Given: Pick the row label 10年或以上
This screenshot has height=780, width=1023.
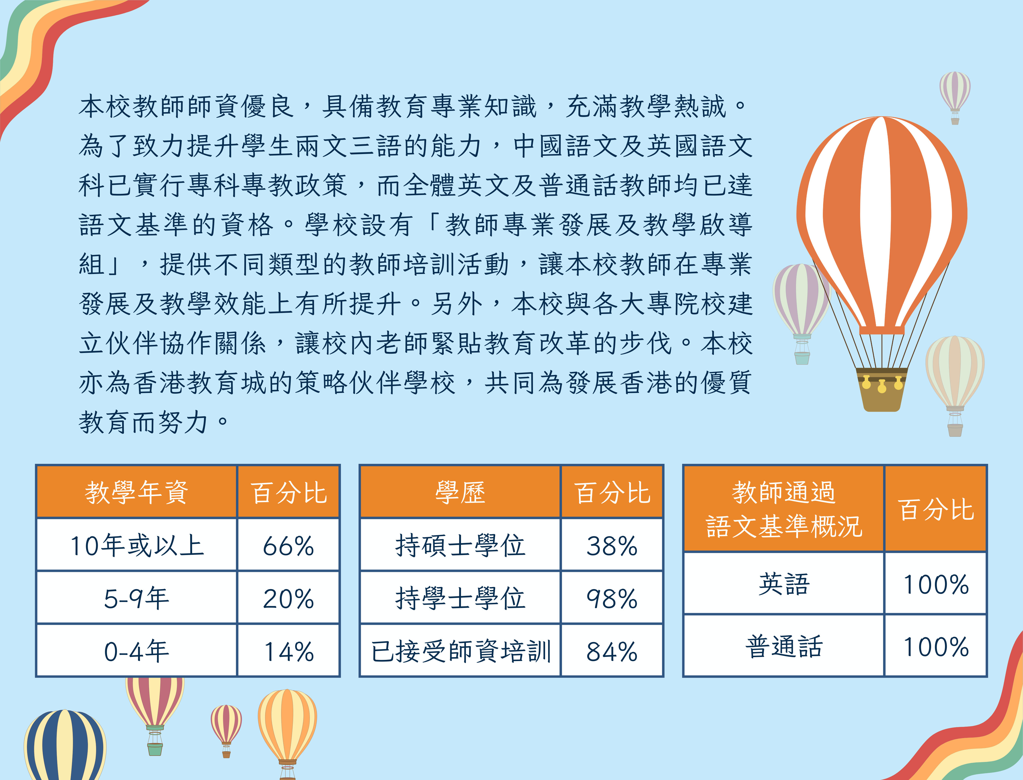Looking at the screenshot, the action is (137, 545).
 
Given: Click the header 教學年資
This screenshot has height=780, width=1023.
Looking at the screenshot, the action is (137, 492).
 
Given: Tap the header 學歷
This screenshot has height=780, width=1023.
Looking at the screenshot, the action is (460, 492).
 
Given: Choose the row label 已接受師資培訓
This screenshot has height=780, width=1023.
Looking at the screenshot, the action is (461, 651).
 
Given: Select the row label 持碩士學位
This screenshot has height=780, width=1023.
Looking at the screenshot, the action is (461, 545).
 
